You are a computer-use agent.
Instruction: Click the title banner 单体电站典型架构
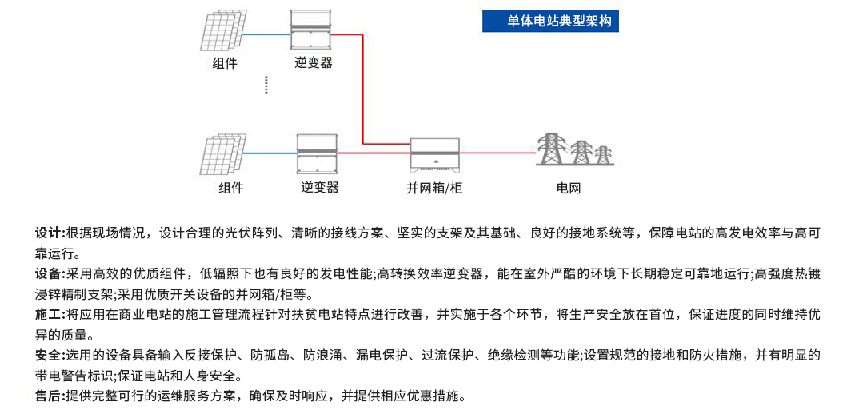tap(550, 21)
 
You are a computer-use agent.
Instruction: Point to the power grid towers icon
tap(574, 149)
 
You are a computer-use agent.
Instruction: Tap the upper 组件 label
tap(225, 63)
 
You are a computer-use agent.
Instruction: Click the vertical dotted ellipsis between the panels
tap(266, 86)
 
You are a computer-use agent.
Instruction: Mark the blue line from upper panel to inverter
tap(266, 34)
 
